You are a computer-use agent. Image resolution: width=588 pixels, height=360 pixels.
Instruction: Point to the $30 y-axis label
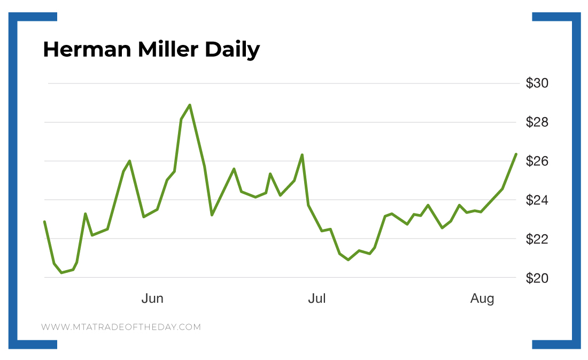537,83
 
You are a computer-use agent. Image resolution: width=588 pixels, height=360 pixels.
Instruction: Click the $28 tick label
537,122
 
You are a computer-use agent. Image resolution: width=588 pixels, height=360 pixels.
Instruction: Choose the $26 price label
537,161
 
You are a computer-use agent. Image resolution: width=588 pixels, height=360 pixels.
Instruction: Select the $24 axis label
537,200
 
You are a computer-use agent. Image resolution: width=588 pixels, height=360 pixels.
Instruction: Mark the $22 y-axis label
537,239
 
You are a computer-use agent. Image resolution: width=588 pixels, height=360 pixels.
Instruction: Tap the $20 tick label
537,278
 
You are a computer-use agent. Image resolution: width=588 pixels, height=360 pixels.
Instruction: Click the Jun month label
152,298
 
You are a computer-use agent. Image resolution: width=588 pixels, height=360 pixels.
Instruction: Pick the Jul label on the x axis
316,298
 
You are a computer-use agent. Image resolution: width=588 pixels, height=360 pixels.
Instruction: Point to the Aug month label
482,298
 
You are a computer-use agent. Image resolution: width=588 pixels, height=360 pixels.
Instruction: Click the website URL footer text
121,327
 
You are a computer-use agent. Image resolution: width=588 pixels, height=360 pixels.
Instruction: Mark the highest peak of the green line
190,105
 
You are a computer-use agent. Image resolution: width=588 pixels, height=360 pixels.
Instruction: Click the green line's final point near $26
515,154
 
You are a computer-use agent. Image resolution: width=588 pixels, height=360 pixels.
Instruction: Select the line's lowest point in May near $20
61,272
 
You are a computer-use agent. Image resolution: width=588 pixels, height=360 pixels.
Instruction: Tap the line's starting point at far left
44,221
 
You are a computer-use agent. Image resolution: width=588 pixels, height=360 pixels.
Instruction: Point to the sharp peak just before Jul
303,155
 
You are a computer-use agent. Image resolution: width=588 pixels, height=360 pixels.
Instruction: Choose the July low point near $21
349,259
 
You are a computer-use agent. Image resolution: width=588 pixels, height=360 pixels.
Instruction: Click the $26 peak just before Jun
130,160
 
